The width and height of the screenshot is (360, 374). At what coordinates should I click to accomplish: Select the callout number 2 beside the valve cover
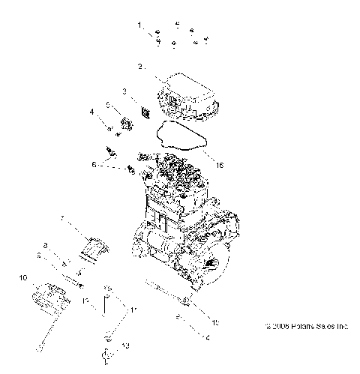click(140, 67)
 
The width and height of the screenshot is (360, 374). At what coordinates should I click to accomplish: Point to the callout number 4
click(92, 112)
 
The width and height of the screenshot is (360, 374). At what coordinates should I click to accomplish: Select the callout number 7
click(63, 220)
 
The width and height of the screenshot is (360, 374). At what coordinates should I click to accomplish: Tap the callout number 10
click(23, 277)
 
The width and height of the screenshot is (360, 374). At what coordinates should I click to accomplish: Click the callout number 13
click(125, 346)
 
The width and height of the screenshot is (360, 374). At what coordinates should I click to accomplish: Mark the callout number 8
click(46, 245)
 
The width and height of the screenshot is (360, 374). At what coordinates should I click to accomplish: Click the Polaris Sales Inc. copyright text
click(307, 327)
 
